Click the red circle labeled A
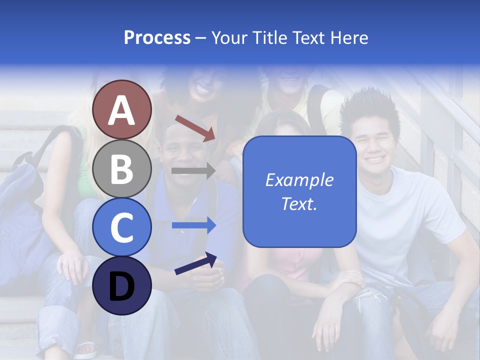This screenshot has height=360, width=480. click(121, 109)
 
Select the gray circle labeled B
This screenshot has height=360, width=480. click(121, 168)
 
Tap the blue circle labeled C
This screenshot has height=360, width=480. click(121, 227)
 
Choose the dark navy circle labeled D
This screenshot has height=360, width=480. click(121, 285)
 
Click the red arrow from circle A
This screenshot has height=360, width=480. click(195, 128)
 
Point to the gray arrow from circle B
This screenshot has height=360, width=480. click(193, 170)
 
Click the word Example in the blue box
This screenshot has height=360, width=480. click(299, 180)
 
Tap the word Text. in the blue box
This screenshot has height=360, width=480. click(299, 203)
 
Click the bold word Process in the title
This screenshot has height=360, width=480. click(157, 37)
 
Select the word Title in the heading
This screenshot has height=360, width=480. click(272, 37)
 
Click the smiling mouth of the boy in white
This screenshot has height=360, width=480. click(375, 159)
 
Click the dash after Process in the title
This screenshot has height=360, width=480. click(201, 38)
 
